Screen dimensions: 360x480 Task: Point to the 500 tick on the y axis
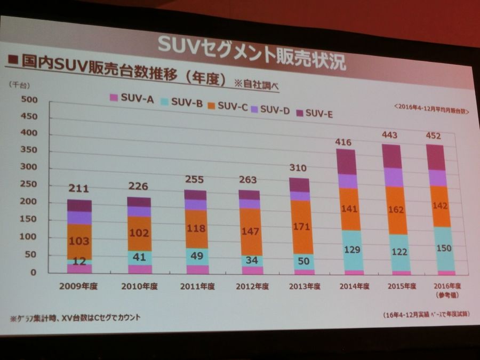pyautogui.click(x=29, y=100)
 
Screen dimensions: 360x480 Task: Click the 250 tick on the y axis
pyautogui.click(x=29, y=185)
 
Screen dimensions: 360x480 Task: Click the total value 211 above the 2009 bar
pyautogui.click(x=78, y=188)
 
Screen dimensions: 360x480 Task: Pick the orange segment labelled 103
pyautogui.click(x=79, y=241)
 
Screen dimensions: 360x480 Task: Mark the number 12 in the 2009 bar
pyautogui.click(x=79, y=261)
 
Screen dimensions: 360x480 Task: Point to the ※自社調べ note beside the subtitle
pyautogui.click(x=257, y=84)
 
